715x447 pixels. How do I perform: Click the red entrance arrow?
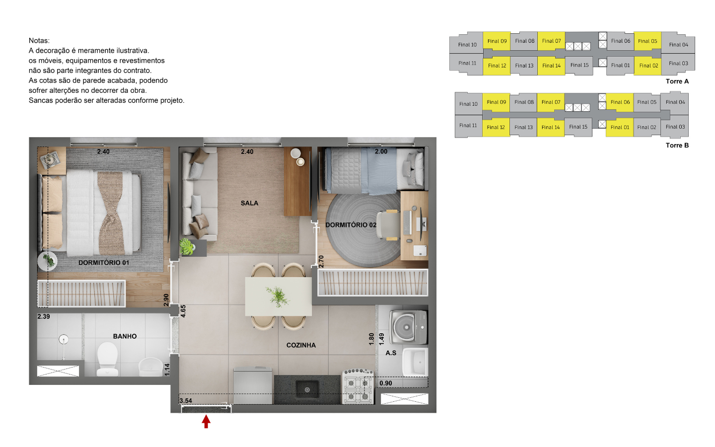pyautogui.click(x=206, y=422)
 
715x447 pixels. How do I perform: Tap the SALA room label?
pyautogui.click(x=249, y=203)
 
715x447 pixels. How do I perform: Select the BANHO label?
pyautogui.click(x=125, y=336)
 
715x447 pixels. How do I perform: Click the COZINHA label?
pyautogui.click(x=301, y=345)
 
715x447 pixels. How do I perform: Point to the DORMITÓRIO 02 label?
pyautogui.click(x=351, y=225)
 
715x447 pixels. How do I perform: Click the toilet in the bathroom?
pyautogui.click(x=107, y=359)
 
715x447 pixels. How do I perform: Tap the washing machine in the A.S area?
pyautogui.click(x=408, y=327)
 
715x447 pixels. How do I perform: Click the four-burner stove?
pyautogui.click(x=358, y=386)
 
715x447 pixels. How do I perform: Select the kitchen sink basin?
pyautogui.click(x=307, y=389)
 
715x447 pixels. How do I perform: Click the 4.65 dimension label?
pyautogui.click(x=183, y=311)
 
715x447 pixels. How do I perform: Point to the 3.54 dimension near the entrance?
pyautogui.click(x=186, y=401)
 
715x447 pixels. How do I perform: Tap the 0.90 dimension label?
pyautogui.click(x=386, y=383)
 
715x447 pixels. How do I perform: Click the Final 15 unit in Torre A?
pyautogui.click(x=579, y=65)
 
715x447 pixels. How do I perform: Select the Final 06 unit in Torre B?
pyautogui.click(x=620, y=102)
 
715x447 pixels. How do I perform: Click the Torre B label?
pyautogui.click(x=677, y=145)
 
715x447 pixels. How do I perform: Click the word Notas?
pyautogui.click(x=39, y=41)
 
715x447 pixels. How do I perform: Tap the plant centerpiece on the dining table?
pyautogui.click(x=278, y=297)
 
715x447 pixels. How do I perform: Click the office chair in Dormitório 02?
pyautogui.click(x=388, y=225)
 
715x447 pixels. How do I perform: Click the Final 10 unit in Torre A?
pyautogui.click(x=467, y=45)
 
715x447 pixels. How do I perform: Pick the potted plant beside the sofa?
pyautogui.click(x=187, y=247)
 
